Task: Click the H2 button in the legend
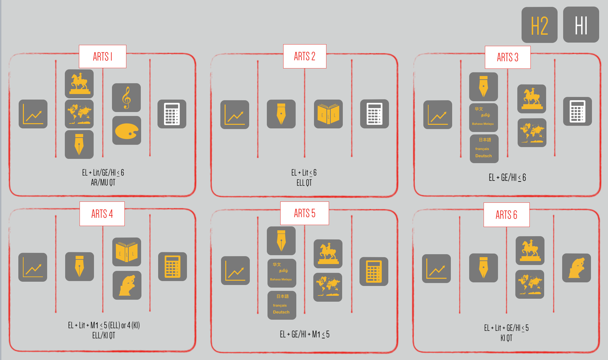[539, 25]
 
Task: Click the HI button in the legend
[581, 25]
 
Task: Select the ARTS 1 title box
[102, 56]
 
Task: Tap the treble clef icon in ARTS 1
[126, 98]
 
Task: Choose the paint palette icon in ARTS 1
[127, 130]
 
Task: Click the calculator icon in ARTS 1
[172, 114]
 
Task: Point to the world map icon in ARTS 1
[79, 114]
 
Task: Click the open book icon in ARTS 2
[328, 114]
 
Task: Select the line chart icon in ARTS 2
[235, 115]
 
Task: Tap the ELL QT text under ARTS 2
[304, 183]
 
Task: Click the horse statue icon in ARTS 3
[532, 99]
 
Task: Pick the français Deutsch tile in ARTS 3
[484, 149]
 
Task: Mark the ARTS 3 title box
[507, 57]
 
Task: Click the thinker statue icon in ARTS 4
[127, 285]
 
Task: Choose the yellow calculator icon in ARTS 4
[173, 267]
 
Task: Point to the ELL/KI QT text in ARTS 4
[103, 335]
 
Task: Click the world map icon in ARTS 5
[328, 287]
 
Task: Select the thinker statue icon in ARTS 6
[577, 268]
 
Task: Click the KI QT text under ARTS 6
[506, 338]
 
